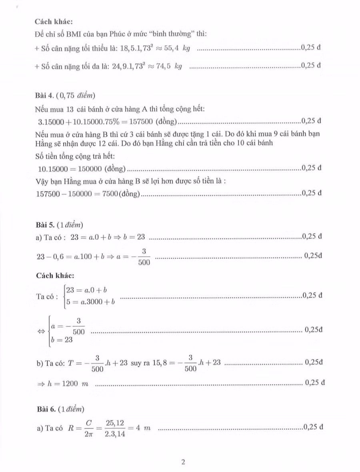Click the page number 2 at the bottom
click(183, 462)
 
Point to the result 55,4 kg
click(176, 48)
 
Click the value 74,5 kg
click(168, 66)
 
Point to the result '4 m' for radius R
click(144, 428)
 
